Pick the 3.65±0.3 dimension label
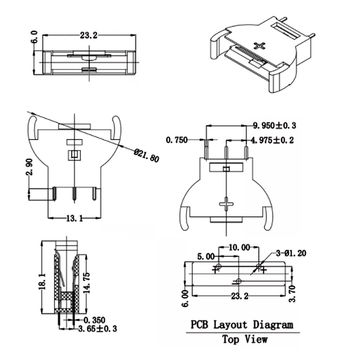(98, 328)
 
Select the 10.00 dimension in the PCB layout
(238, 247)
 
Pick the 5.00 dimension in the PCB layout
(207, 256)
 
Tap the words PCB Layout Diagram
(242, 324)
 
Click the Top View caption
(244, 339)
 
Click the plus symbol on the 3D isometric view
(260, 45)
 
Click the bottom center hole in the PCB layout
(238, 281)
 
